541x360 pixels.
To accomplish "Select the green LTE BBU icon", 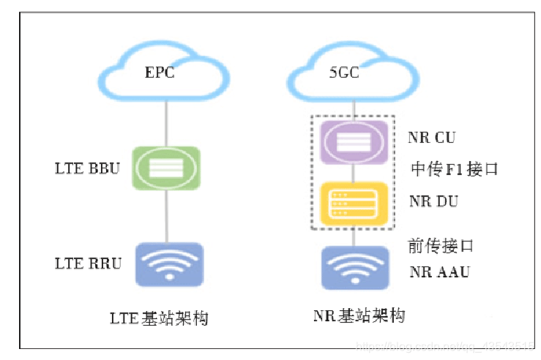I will click(167, 168).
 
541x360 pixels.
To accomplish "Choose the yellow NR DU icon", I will click(354, 203).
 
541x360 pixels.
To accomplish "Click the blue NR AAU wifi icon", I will click(354, 268).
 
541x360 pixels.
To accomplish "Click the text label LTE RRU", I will click(87, 263).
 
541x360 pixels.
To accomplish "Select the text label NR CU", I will click(433, 138).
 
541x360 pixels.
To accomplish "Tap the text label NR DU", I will click(433, 200).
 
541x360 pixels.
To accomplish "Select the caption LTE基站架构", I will click(159, 318).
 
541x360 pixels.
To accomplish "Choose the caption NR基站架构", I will click(359, 316).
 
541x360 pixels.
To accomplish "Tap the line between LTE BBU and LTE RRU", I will click(167, 217).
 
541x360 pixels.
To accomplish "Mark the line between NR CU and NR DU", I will click(354, 173).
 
